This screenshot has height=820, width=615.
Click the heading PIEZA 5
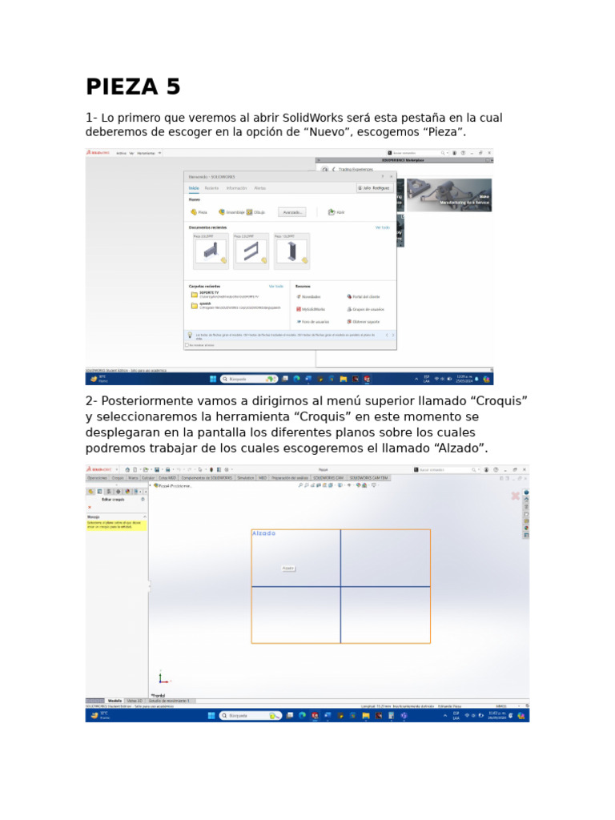pyautogui.click(x=133, y=86)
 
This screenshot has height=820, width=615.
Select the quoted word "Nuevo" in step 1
pyautogui.click(x=348, y=132)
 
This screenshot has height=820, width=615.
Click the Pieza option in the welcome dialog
pyautogui.click(x=199, y=212)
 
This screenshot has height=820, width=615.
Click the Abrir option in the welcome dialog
pyautogui.click(x=336, y=212)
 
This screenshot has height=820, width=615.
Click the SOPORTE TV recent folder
pyautogui.click(x=210, y=294)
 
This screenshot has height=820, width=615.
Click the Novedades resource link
pyautogui.click(x=310, y=296)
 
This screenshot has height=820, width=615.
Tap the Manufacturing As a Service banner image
pyautogui.click(x=449, y=195)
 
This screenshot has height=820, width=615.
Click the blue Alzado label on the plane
pyautogui.click(x=263, y=533)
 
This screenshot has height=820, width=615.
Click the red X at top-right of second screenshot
pyautogui.click(x=516, y=496)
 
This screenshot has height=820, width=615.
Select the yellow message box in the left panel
pyautogui.click(x=116, y=525)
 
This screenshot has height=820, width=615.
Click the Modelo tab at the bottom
pyautogui.click(x=115, y=700)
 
